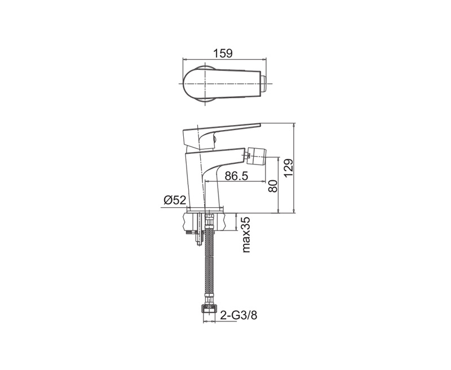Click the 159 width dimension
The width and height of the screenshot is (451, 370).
(x=223, y=54)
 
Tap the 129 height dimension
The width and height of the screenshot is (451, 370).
(x=289, y=168)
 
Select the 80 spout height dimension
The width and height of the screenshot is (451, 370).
(x=272, y=186)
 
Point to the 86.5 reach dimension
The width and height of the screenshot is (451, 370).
(x=236, y=176)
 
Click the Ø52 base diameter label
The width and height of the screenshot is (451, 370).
(x=175, y=200)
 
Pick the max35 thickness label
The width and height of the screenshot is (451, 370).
(x=246, y=235)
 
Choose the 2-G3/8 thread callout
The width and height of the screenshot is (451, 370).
(x=238, y=315)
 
